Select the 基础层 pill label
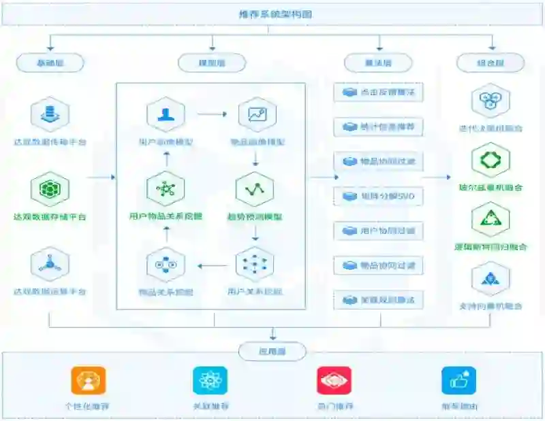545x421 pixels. [50, 63]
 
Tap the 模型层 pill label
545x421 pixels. [212, 63]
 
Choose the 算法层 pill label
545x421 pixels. [378, 63]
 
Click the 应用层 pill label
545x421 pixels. [272, 352]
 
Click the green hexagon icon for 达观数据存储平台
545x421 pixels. [50, 188]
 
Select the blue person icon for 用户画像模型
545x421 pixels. [166, 114]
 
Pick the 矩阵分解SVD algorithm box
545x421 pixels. [378, 197]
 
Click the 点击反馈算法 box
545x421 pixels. [378, 92]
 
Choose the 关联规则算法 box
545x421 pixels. [378, 299]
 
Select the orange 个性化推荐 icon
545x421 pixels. [89, 381]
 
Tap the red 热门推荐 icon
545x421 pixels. [334, 381]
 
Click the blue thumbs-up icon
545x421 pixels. [458, 381]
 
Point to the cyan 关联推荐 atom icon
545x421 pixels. [210, 381]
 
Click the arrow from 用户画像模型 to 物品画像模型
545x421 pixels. [212, 114]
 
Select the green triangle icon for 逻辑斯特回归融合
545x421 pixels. [490, 219]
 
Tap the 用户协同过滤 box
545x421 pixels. [378, 231]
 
